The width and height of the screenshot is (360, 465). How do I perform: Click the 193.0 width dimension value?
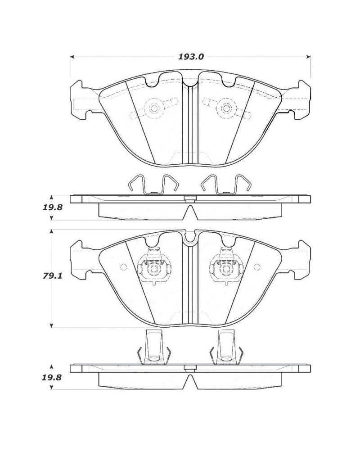(191, 57)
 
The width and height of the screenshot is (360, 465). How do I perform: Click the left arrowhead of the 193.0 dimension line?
(72, 57)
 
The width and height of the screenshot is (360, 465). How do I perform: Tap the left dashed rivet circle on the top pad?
(154, 108)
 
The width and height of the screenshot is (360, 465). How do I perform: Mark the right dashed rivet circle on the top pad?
(225, 108)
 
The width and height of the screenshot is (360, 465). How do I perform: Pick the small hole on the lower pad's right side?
(257, 267)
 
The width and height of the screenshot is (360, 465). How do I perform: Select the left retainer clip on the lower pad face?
(154, 269)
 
